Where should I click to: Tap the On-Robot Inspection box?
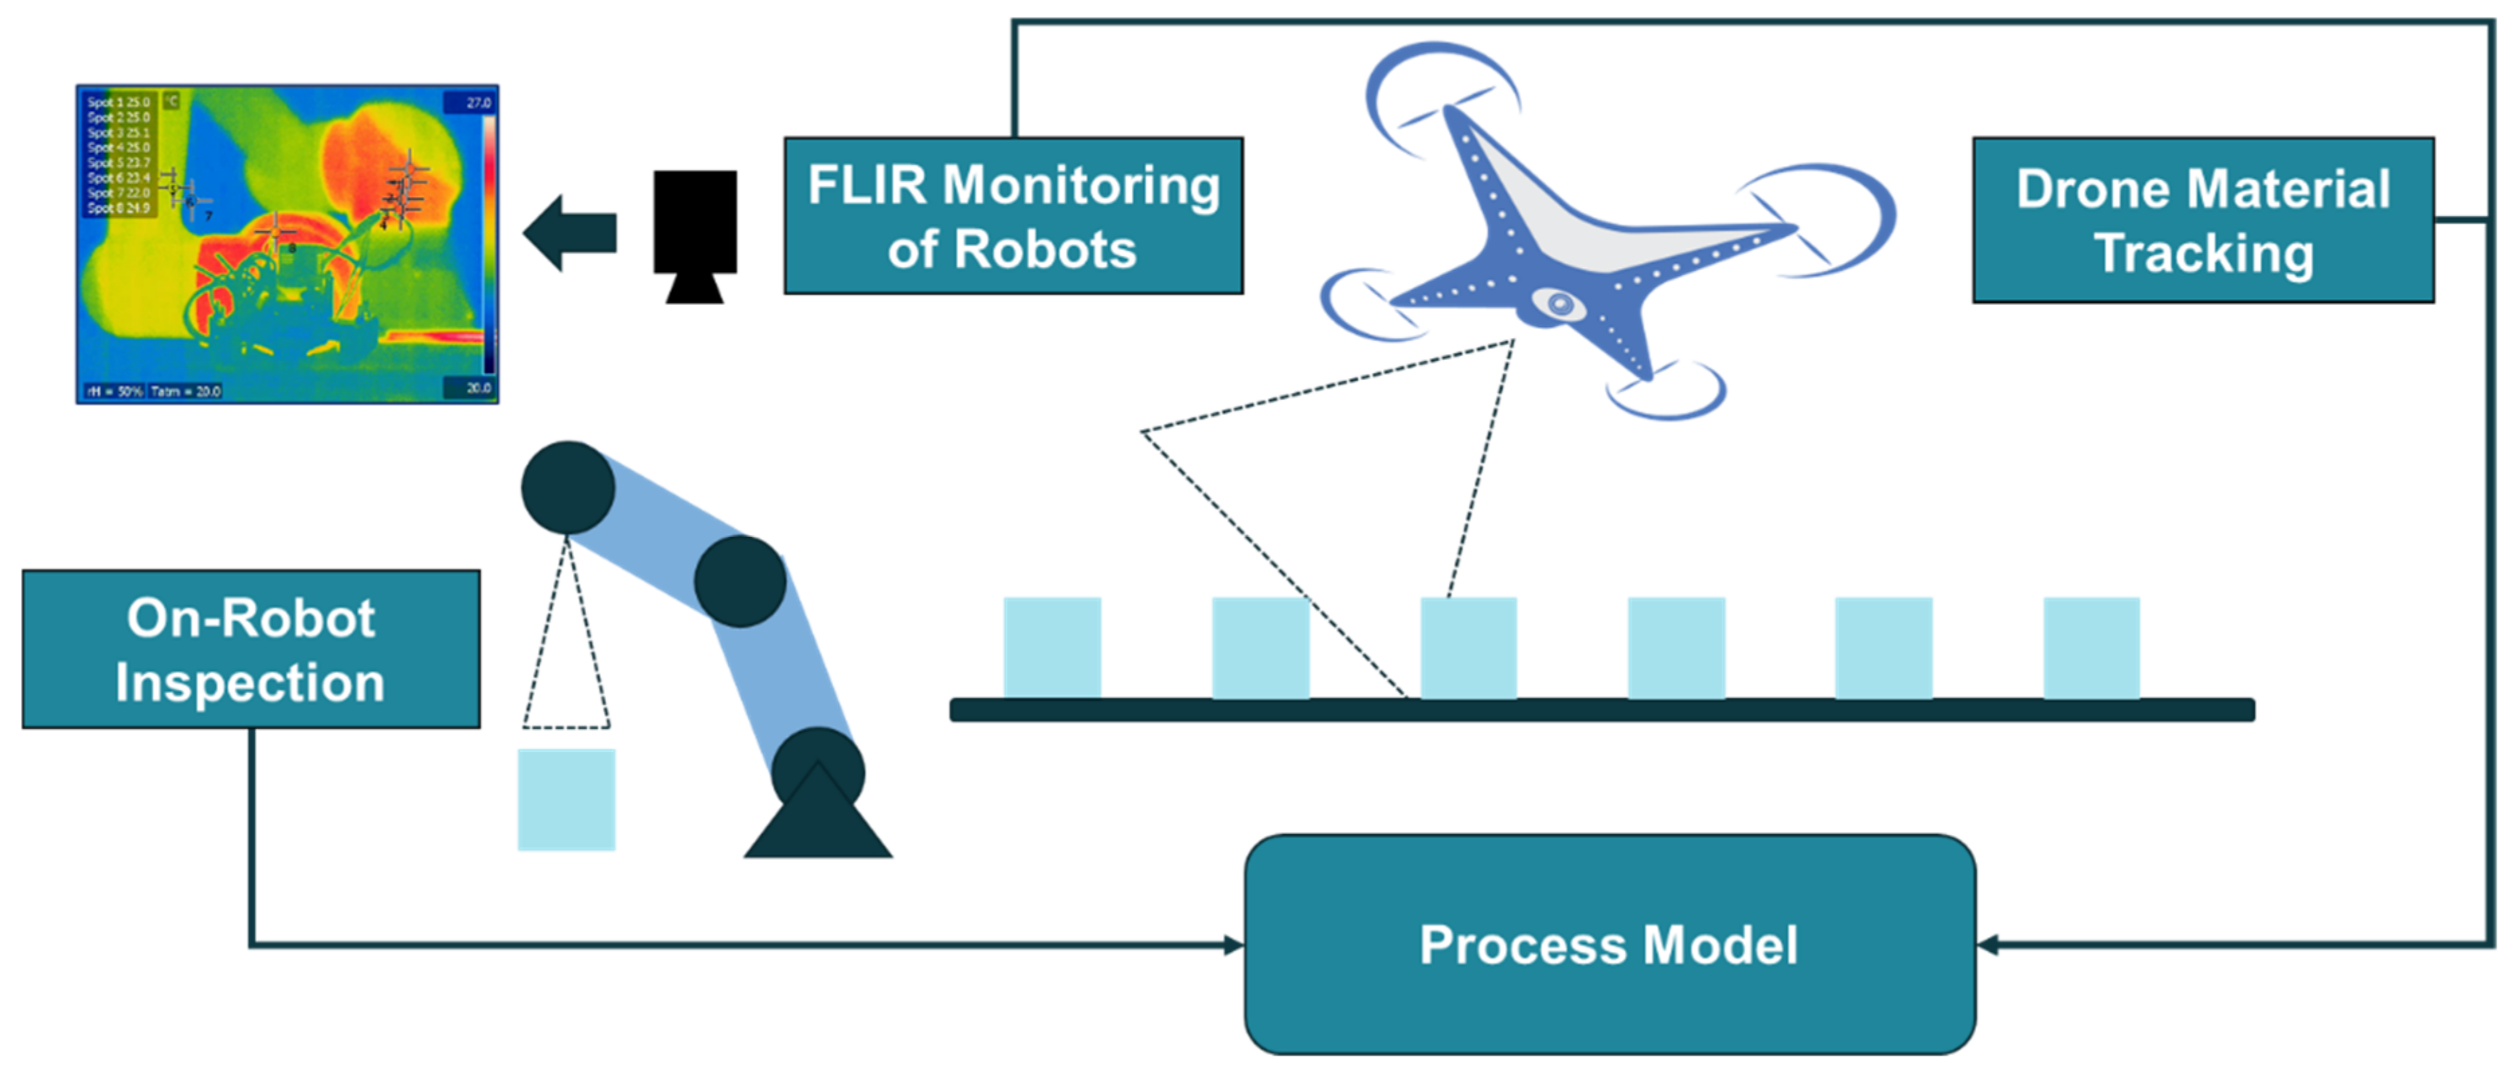251,649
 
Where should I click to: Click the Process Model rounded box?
1609,944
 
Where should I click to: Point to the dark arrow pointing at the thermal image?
571,232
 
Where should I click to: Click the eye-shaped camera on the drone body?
1561,305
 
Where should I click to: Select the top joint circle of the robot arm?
567,487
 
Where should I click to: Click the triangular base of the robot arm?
818,821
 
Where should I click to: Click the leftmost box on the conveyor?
1052,647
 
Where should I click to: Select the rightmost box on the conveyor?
2092,647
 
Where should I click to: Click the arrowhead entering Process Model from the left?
1234,945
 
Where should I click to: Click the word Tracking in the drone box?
2203,253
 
